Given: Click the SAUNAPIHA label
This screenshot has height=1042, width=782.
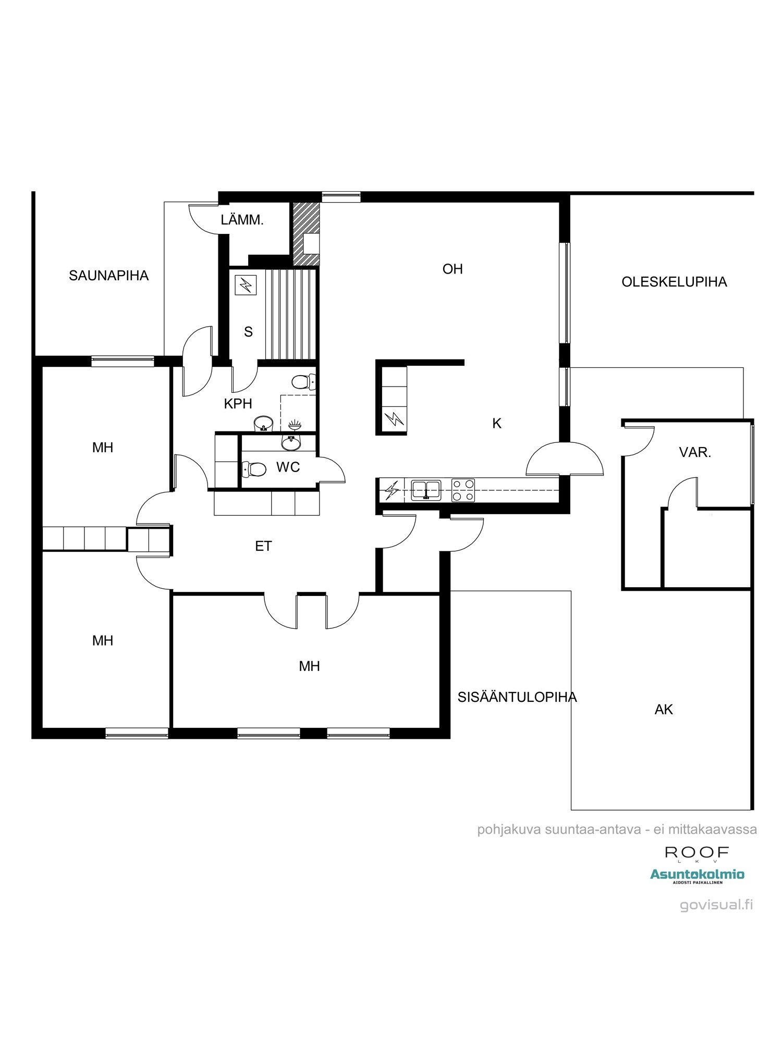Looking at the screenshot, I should point(108,276).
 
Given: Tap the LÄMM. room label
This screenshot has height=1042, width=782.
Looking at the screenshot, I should point(242,220).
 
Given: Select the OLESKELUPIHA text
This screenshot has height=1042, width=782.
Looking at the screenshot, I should point(674,282).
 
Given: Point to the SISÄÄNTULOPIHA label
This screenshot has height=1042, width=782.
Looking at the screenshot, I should point(517,697).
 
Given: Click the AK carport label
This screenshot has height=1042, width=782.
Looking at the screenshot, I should point(663,709).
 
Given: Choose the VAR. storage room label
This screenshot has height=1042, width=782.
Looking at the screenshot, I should point(695,452).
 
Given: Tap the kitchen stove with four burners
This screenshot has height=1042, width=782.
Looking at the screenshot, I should point(463,490).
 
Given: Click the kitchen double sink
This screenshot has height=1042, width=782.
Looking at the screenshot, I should point(426,490).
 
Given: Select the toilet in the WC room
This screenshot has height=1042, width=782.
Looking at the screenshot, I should point(255,469).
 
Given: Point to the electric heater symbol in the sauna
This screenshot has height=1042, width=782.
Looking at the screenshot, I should point(246,285).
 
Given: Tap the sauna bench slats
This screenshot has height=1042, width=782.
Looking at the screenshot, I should point(290,314).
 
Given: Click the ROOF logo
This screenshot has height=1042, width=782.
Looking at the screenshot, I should point(696,853).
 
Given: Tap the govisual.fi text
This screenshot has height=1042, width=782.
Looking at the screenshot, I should point(716,905).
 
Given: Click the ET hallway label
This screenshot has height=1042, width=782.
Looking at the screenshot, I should point(263,546).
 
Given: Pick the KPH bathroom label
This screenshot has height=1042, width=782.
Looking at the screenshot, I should point(238,403).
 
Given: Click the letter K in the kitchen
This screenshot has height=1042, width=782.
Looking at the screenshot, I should point(496,424).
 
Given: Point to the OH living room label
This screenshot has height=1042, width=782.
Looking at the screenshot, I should point(452,269).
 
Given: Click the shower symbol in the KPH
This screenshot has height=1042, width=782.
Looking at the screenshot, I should point(295,424).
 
